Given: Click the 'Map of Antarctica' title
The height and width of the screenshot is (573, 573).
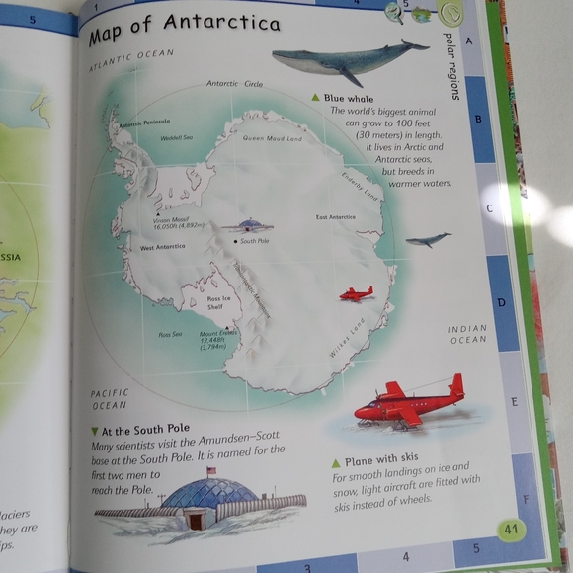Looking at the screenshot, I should click(184, 30).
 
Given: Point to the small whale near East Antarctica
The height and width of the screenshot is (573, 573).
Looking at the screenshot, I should click(428, 239).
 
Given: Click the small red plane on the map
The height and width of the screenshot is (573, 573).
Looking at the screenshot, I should click(356, 293).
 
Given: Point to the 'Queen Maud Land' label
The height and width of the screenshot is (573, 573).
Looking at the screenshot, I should click(272, 139).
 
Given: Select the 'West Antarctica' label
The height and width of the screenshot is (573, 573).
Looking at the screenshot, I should click(163, 247).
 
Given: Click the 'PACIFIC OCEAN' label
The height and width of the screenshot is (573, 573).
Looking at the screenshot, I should click(109, 398).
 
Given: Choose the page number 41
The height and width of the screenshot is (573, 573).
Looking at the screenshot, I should click(511, 529).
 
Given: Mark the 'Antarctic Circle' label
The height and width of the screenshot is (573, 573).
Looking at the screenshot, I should click(234, 84).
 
